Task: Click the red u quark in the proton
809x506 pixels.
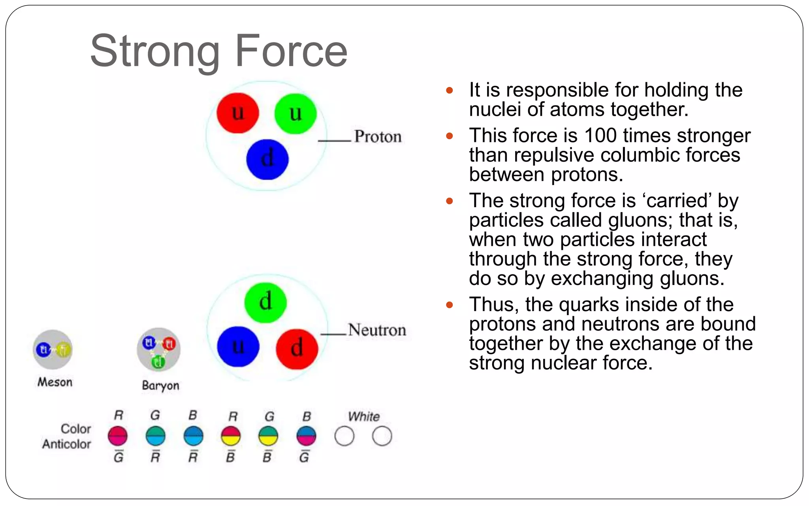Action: (238, 113)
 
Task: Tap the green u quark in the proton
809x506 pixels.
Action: (295, 114)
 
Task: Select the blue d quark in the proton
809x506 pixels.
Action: (267, 159)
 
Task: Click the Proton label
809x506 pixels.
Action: (378, 137)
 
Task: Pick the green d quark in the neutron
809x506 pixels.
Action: (265, 302)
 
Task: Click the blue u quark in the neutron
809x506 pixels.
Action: (238, 347)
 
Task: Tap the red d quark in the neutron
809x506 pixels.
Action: (297, 349)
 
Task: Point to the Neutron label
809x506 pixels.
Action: (377, 330)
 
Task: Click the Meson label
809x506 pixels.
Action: (55, 382)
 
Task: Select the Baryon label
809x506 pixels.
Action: (160, 385)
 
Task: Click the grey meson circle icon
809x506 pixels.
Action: (53, 349)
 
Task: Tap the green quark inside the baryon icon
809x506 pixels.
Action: (158, 362)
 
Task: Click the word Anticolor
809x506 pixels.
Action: (66, 444)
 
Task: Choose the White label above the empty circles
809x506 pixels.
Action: (364, 417)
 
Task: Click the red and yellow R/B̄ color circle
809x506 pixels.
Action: (231, 436)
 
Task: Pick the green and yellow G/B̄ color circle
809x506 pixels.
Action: (268, 436)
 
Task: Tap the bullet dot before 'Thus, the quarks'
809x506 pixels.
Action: (449, 305)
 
